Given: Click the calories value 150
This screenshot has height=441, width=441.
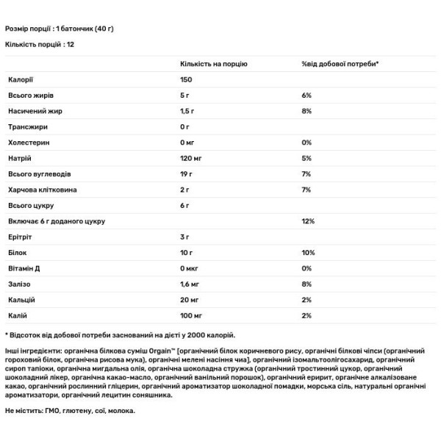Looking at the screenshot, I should [x=186, y=79].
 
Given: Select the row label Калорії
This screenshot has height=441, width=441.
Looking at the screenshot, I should [x=20, y=79].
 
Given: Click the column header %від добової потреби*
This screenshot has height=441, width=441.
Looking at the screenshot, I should [x=340, y=64].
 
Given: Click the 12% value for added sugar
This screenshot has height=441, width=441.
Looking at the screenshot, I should [x=307, y=220].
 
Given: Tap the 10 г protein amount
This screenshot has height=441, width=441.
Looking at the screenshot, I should [x=187, y=251].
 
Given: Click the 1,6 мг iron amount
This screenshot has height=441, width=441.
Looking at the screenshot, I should [x=190, y=283].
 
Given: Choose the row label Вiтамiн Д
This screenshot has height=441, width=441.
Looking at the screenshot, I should [x=24, y=268].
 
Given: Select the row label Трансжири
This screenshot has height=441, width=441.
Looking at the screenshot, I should [x=25, y=126].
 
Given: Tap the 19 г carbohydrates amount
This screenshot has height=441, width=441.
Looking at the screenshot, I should [x=187, y=173].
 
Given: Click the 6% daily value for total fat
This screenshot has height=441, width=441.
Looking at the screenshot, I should [x=306, y=96].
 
